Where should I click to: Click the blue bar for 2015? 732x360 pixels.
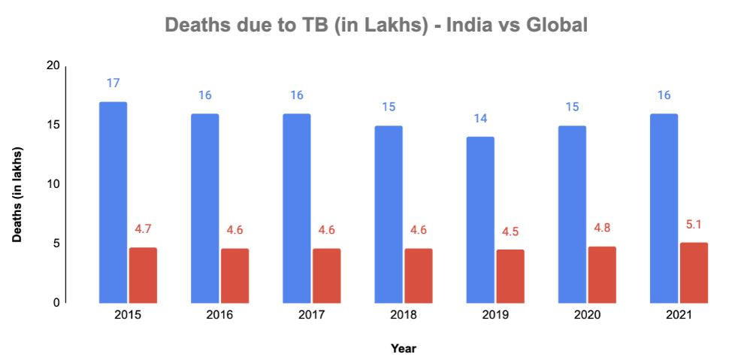click(x=113, y=203)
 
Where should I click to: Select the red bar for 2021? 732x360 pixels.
click(x=694, y=273)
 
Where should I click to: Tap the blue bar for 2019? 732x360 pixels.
click(x=480, y=220)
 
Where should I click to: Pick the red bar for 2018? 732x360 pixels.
click(x=419, y=276)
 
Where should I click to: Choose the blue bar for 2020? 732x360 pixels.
click(x=572, y=214)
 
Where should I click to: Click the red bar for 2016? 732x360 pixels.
click(x=234, y=276)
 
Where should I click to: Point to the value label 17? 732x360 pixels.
click(x=113, y=83)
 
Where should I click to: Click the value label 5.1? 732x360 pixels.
click(x=694, y=224)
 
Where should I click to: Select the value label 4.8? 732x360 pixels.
click(x=602, y=228)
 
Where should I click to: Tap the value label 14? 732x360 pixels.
click(x=480, y=119)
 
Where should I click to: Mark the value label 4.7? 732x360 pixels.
click(x=144, y=229)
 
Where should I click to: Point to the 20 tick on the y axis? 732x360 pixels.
click(x=53, y=66)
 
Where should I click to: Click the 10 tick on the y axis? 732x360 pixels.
click(x=53, y=184)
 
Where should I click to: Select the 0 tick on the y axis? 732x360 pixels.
click(x=56, y=303)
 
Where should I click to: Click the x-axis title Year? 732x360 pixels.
click(x=404, y=348)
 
